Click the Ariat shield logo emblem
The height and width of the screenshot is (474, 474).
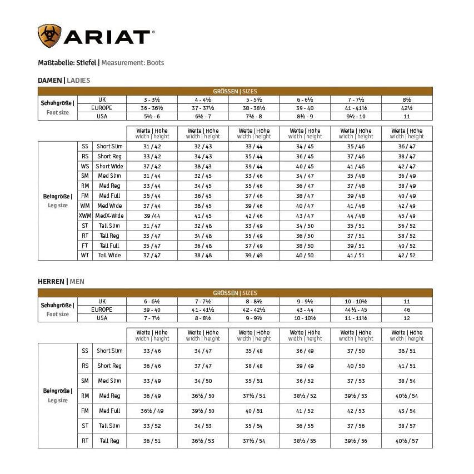coord(49,36)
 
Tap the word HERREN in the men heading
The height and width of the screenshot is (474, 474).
coord(51,282)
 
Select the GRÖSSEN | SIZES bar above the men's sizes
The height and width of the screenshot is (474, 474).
coord(235,293)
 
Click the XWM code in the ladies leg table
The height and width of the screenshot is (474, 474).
coord(85,216)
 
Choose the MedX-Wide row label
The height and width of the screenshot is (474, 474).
coord(109,216)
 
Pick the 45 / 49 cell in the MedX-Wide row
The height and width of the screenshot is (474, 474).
coord(406,216)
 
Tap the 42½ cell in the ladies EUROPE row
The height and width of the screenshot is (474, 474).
coord(406,108)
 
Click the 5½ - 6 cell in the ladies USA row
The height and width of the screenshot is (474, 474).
coord(152,116)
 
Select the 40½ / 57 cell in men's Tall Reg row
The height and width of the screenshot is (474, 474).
coord(406,441)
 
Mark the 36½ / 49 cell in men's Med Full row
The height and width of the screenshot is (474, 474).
coord(152,411)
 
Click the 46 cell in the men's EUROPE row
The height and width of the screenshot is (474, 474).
coord(406,310)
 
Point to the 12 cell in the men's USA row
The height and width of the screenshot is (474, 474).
coord(406,318)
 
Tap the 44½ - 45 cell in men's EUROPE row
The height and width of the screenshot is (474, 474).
coord(355,310)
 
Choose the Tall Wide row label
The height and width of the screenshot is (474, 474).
coord(109,255)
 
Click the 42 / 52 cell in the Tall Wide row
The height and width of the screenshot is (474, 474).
coord(406,255)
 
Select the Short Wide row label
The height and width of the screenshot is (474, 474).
coord(109,166)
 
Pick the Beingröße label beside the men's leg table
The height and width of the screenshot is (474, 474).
coord(57,391)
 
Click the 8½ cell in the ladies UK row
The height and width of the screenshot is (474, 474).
coord(406,99)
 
